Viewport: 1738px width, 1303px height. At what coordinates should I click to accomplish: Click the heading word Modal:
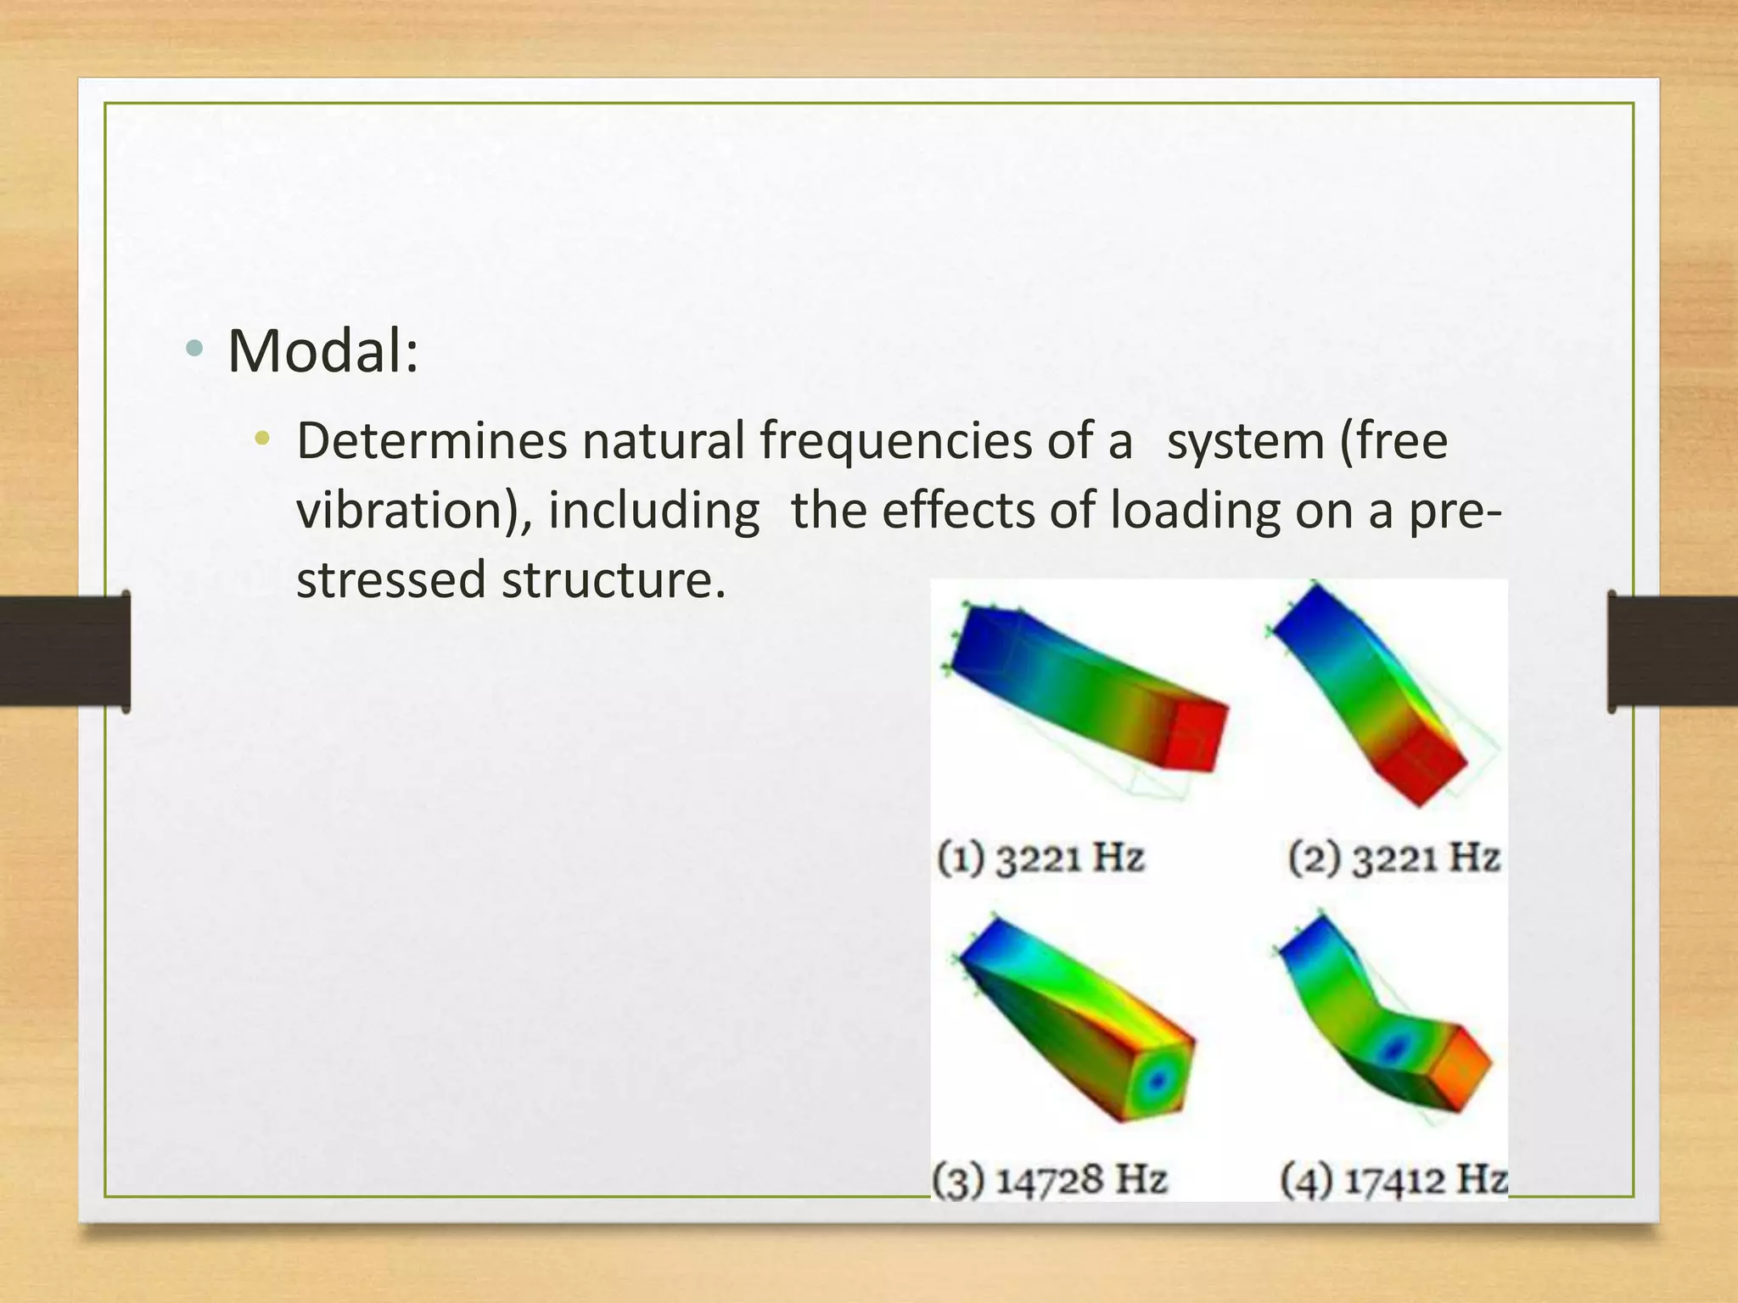(x=322, y=350)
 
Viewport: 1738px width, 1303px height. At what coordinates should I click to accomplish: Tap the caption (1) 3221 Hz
(x=1041, y=857)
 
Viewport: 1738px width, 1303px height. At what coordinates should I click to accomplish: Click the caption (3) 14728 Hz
(x=1050, y=1179)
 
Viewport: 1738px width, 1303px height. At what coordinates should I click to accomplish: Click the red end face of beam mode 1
(x=1194, y=736)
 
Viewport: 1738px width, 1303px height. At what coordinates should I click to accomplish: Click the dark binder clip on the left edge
(x=64, y=651)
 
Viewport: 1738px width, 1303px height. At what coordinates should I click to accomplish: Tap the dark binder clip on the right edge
(x=1672, y=651)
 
